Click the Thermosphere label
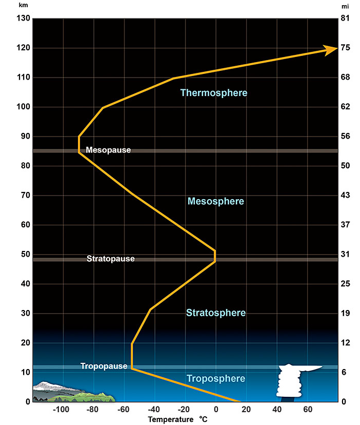pyautogui.click(x=214, y=93)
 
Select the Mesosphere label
pyautogui.click(x=216, y=202)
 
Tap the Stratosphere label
pyautogui.click(x=216, y=313)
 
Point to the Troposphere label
pyautogui.click(x=216, y=379)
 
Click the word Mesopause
pyautogui.click(x=108, y=150)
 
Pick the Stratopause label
pyautogui.click(x=110, y=259)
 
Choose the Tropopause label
pyautogui.click(x=104, y=366)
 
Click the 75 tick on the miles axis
pyautogui.click(x=345, y=48)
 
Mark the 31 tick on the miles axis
pyautogui.click(x=345, y=255)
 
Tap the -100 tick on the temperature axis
pyautogui.click(x=61, y=410)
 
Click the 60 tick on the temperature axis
pyautogui.click(x=308, y=410)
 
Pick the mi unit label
pyautogui.click(x=345, y=6)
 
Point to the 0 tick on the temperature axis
pyautogui.click(x=216, y=410)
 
